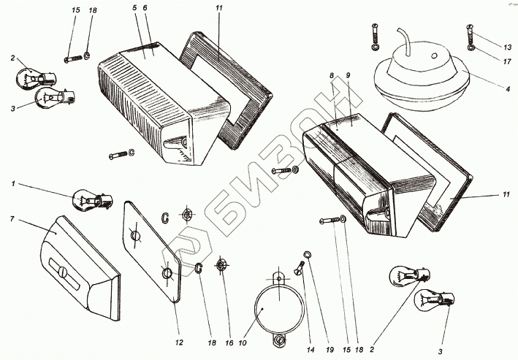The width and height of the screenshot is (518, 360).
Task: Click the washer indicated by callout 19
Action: point(308,254)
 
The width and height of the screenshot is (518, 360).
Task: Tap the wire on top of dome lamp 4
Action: point(404,37)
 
